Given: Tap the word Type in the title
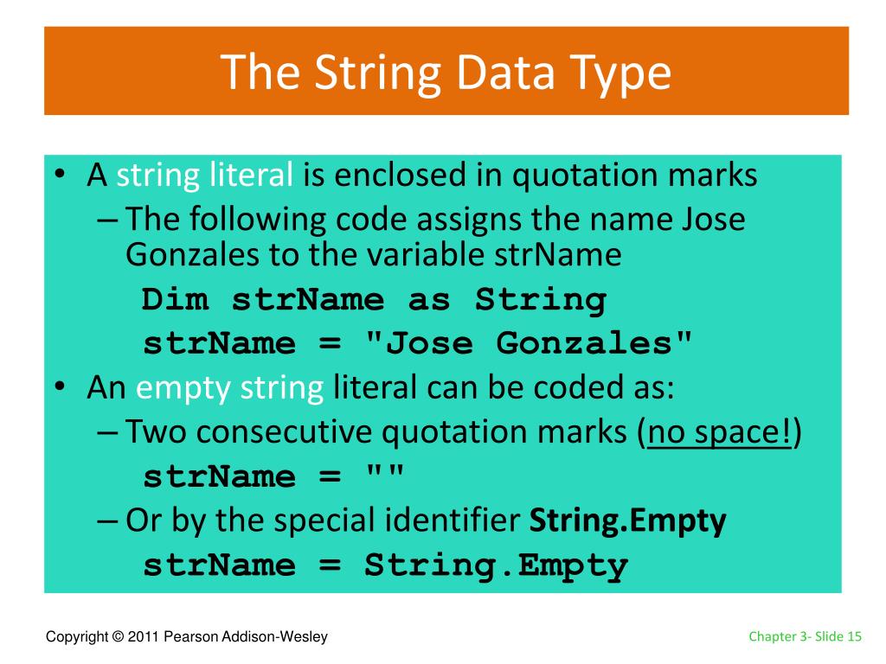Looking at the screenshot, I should tap(624, 73).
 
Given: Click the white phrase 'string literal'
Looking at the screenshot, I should tap(205, 176).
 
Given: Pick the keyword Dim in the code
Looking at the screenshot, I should tap(176, 300).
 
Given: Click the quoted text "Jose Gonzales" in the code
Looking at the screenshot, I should tap(530, 344).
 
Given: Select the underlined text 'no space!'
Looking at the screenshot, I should tap(720, 432).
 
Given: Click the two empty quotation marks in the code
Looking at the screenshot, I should tap(385, 476).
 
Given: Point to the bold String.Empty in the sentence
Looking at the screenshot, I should tap(627, 520).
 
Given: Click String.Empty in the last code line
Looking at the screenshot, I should tap(496, 565).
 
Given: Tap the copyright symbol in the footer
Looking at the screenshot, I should tap(117, 637).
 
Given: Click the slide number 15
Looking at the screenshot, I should tap(855, 637).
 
